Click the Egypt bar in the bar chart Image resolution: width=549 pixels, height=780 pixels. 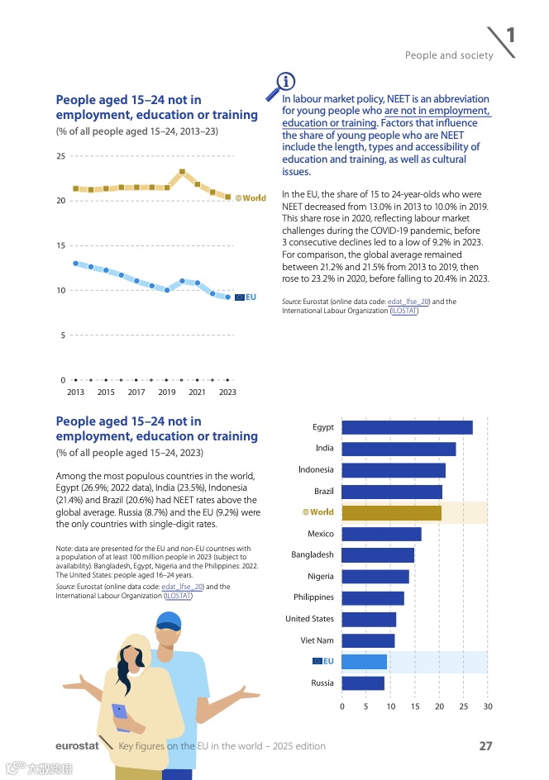click(x=407, y=427)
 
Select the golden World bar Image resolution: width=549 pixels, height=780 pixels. click(x=391, y=513)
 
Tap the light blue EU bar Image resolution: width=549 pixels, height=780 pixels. click(x=364, y=661)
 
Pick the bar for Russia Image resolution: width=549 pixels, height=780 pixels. click(x=363, y=682)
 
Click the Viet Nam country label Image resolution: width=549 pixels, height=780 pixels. click(x=317, y=640)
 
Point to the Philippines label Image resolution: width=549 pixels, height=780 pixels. click(x=313, y=597)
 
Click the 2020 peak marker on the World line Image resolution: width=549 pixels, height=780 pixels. click(x=182, y=172)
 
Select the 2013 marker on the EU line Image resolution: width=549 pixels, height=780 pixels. click(x=75, y=264)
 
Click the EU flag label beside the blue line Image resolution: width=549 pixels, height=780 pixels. click(x=246, y=297)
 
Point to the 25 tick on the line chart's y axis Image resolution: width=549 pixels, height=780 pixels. click(x=61, y=156)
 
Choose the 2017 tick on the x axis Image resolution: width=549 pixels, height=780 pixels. click(x=136, y=392)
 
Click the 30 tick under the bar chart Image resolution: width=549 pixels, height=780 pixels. click(x=488, y=706)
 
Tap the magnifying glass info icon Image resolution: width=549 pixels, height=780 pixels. click(x=283, y=82)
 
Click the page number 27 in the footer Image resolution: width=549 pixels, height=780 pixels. click(x=486, y=746)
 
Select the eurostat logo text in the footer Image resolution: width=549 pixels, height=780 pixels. click(x=77, y=746)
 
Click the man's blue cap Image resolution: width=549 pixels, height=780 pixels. click(x=168, y=621)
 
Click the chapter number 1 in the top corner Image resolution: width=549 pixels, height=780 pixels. click(x=511, y=35)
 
